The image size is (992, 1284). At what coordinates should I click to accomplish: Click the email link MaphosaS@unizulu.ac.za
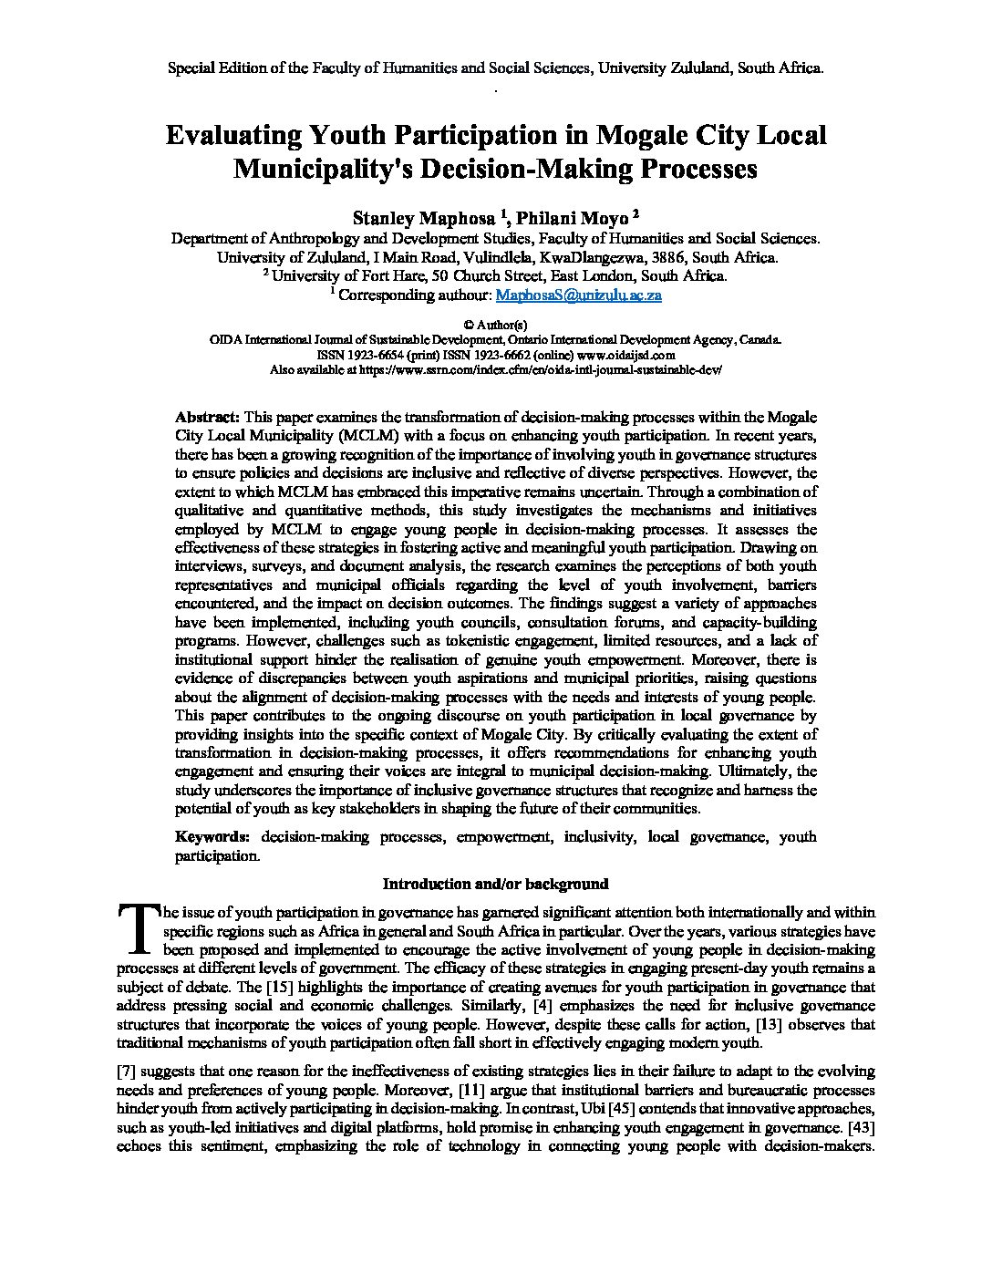tap(577, 295)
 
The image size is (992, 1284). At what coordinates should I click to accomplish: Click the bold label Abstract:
tap(207, 417)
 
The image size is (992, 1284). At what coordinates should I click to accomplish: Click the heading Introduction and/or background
tap(495, 884)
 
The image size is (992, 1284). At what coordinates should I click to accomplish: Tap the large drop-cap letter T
tap(138, 926)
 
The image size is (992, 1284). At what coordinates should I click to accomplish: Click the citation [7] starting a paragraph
tap(128, 1071)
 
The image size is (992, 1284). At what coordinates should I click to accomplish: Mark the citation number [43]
tap(862, 1127)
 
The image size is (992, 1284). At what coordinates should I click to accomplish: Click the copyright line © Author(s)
tap(495, 325)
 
